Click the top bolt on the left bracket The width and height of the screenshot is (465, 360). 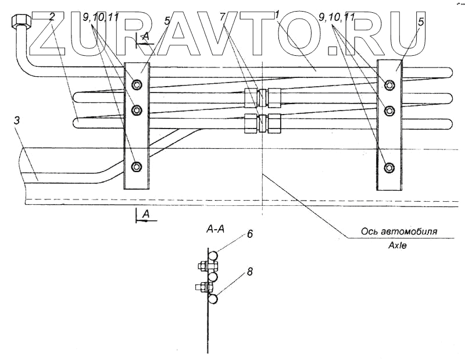pyautogui.click(x=137, y=85)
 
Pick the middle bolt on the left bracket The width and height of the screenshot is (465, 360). pyautogui.click(x=137, y=109)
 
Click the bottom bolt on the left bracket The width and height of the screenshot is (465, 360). pyautogui.click(x=137, y=167)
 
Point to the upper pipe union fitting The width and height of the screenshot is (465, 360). pyautogui.click(x=262, y=97)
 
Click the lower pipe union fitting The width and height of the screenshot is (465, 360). pyautogui.click(x=262, y=123)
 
